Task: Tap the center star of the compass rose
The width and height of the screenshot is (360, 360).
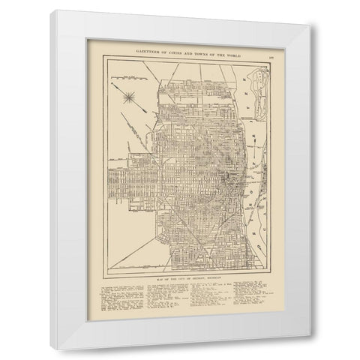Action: pyautogui.click(x=130, y=95)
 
